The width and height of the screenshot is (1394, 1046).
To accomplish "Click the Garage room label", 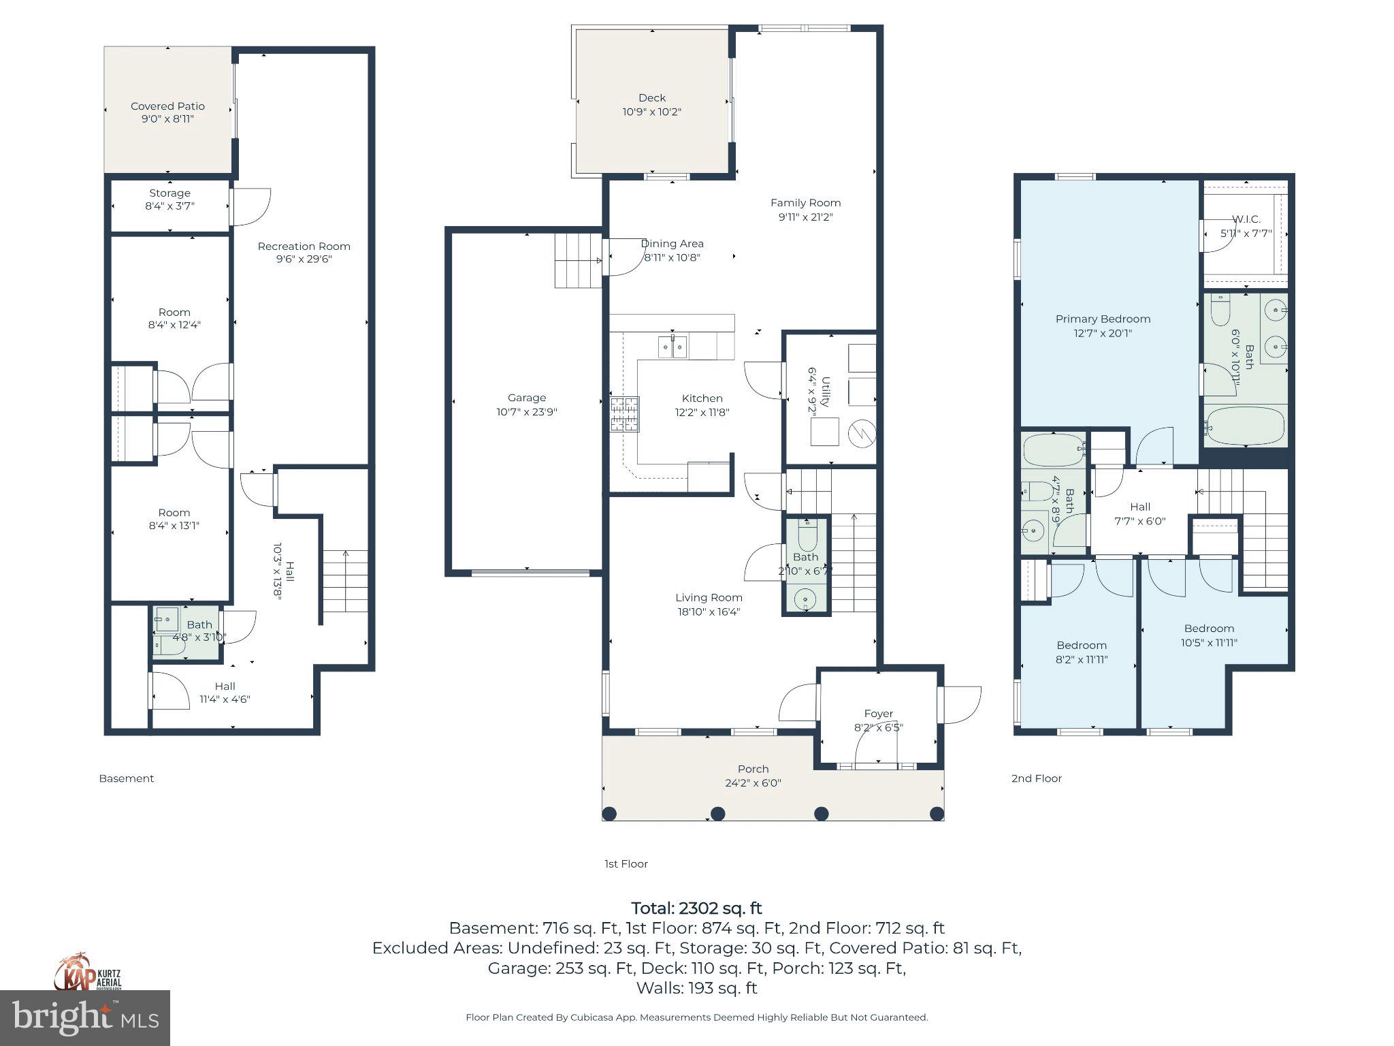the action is tap(526, 398).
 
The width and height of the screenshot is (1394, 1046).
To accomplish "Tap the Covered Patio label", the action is tap(167, 106).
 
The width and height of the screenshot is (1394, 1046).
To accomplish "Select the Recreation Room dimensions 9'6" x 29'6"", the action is tap(304, 259).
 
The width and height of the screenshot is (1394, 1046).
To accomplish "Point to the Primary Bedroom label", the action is tap(1103, 319).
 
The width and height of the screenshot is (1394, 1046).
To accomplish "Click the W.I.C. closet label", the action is tap(1246, 219).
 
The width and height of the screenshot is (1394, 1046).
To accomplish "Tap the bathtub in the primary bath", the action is tap(1245, 426).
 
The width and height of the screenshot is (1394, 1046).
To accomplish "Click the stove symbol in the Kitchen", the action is tap(625, 413).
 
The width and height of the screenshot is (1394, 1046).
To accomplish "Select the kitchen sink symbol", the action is tap(672, 346).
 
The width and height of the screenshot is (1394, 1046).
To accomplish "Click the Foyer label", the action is tap(878, 714).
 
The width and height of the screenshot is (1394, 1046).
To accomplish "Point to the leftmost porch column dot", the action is tap(609, 813).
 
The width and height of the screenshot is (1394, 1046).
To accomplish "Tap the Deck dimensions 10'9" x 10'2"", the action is tap(651, 112).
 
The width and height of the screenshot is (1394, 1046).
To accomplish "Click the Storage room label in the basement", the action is tap(169, 193).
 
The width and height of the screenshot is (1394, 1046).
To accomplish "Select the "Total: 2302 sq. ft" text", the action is tap(696, 908).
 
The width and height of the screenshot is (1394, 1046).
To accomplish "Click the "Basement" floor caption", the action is tap(127, 778).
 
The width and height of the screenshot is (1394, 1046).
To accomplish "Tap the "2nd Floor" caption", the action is tap(1036, 778).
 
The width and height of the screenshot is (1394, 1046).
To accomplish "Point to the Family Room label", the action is tap(805, 203).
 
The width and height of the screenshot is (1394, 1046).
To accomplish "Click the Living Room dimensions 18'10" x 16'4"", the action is tap(709, 612).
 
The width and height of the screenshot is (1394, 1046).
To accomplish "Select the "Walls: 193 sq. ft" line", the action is tap(696, 988).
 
